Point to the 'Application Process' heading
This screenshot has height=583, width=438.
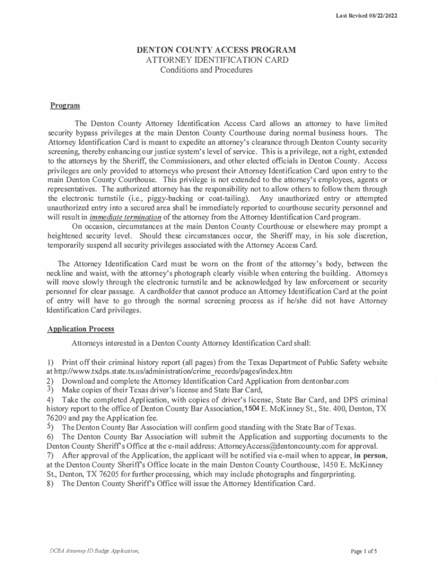pyautogui.click(x=81, y=329)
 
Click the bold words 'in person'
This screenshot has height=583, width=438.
pyautogui.click(x=370, y=455)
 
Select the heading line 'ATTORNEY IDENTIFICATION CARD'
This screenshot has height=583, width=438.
pyautogui.click(x=217, y=60)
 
